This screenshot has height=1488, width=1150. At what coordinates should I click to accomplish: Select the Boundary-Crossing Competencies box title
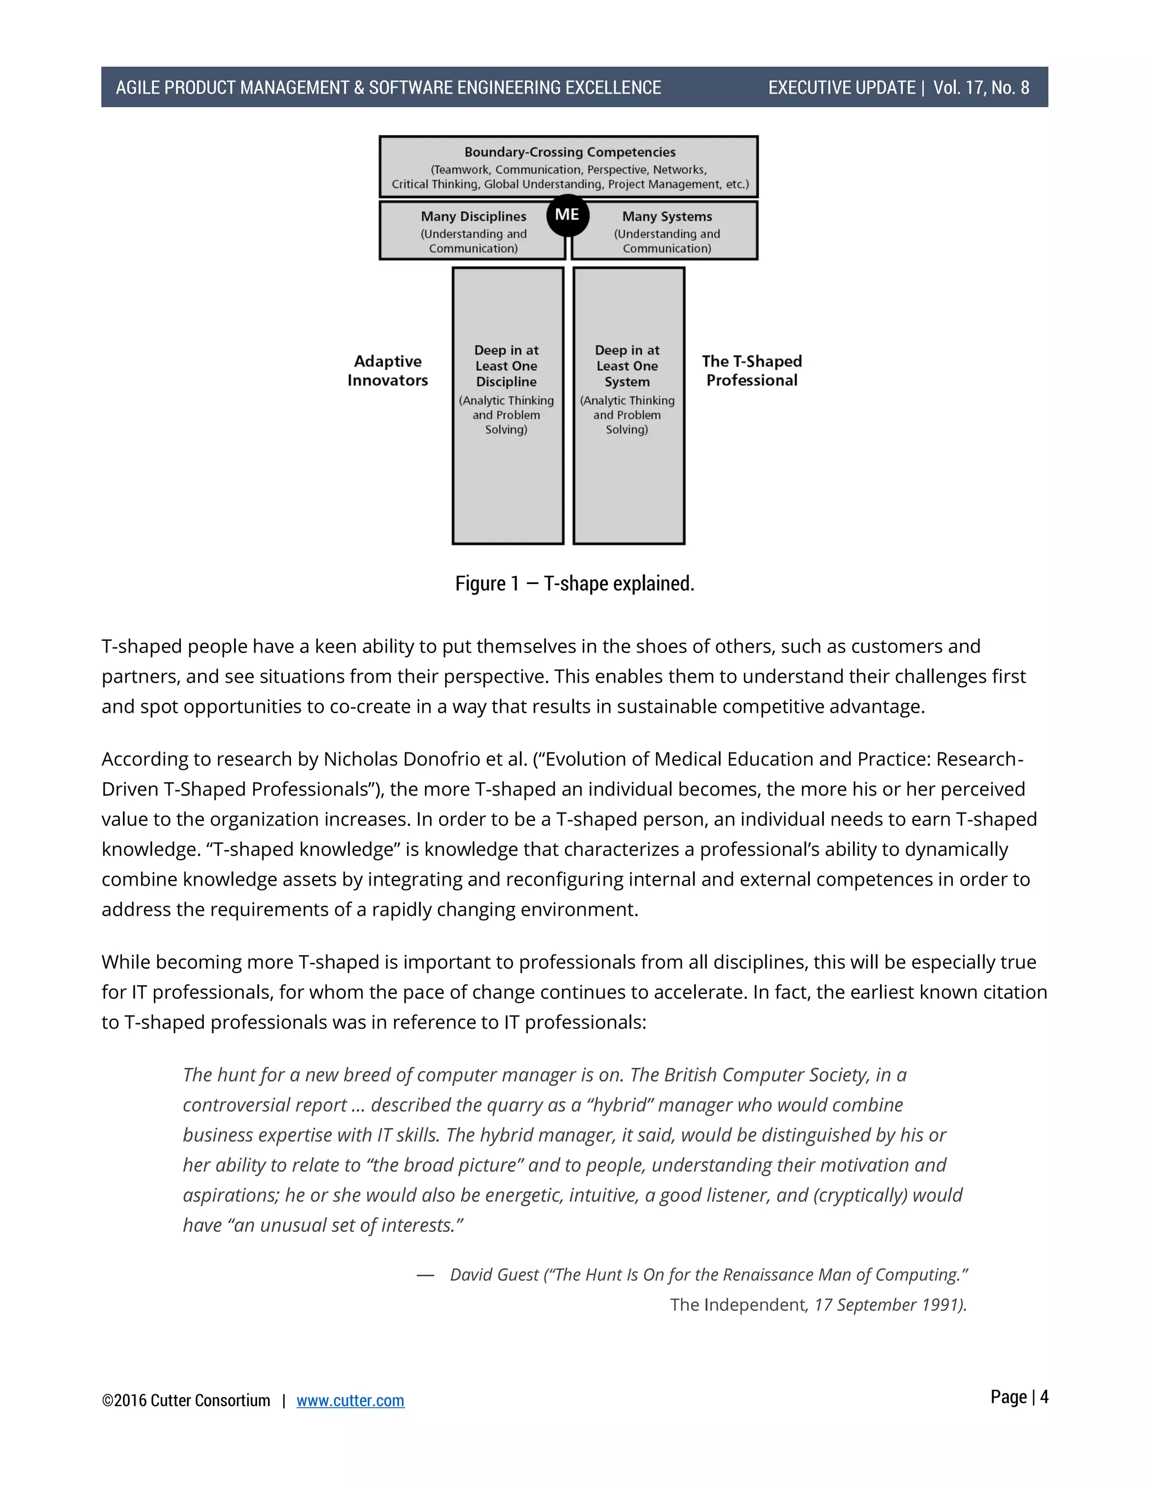(x=569, y=152)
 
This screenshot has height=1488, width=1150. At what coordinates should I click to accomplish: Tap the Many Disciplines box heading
(x=473, y=216)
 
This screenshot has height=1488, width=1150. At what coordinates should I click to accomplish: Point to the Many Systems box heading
(x=667, y=216)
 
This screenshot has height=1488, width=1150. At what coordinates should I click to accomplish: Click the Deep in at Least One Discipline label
(x=506, y=366)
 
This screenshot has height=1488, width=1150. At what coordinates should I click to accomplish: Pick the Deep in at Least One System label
(x=627, y=366)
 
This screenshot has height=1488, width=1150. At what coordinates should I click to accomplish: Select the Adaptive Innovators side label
(x=387, y=371)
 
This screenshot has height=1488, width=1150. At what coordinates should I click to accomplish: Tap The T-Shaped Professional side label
(x=751, y=371)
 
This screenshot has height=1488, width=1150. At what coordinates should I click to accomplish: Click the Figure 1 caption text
(x=574, y=584)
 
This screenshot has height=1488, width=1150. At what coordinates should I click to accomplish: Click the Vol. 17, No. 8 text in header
(x=980, y=88)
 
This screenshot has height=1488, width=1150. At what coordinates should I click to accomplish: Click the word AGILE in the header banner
(x=138, y=88)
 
